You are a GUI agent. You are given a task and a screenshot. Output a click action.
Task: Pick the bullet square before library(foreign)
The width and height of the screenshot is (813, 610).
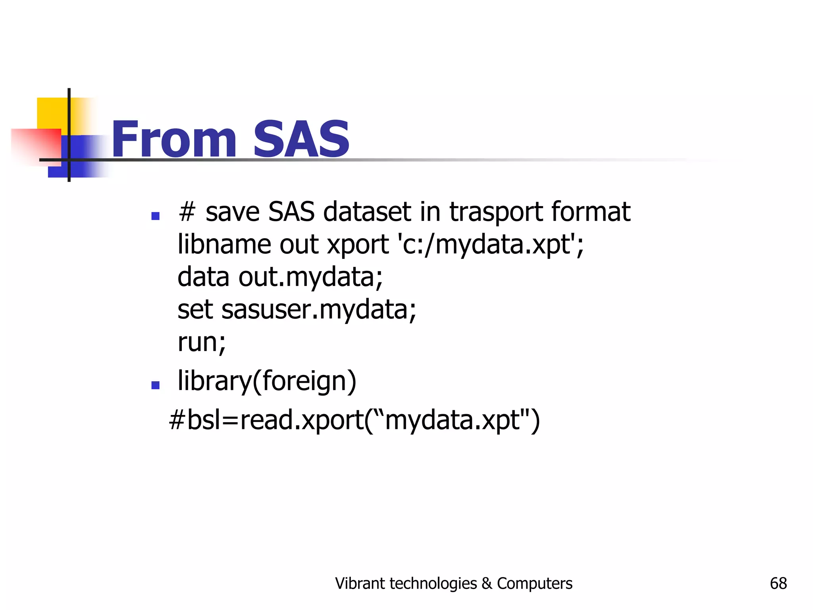156,385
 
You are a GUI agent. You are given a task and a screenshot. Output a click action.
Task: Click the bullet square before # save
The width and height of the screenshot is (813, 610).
156,216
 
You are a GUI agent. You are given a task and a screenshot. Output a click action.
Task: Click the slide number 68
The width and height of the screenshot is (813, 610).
778,583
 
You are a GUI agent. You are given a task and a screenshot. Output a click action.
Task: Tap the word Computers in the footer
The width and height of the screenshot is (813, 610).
535,583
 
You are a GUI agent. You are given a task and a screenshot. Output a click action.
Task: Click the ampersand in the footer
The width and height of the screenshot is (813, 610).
487,583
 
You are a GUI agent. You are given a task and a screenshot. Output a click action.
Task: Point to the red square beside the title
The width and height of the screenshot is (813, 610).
36,145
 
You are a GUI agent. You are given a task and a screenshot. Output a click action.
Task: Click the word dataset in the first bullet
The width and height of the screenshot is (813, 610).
367,212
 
